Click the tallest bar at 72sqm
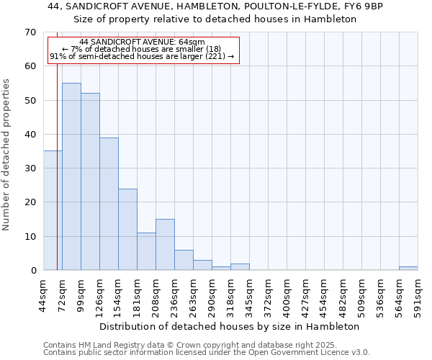(x=71, y=176)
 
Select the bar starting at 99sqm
(x=90, y=181)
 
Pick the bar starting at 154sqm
(x=127, y=229)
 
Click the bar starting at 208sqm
(x=165, y=245)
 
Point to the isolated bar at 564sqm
(x=408, y=268)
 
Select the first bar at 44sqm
(x=53, y=210)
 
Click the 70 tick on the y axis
(x=30, y=32)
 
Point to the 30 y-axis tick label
(x=30, y=168)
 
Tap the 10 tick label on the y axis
(x=30, y=236)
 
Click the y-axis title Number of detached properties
(x=7, y=155)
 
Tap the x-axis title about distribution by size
(x=229, y=326)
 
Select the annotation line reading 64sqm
(x=143, y=42)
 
